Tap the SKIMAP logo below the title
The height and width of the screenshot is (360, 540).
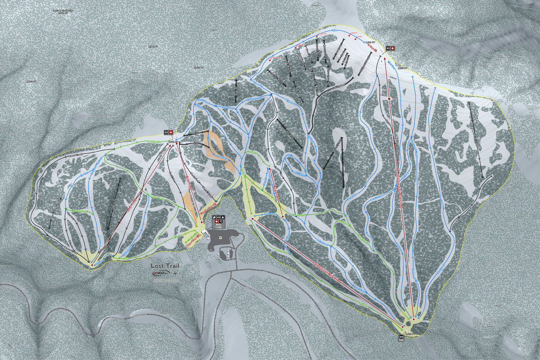click(161, 273)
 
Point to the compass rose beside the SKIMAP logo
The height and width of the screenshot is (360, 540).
click(175, 273)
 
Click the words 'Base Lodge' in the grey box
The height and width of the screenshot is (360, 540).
click(218, 228)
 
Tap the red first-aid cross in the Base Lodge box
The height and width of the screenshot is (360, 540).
click(218, 222)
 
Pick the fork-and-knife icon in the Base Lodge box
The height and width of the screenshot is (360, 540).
click(214, 218)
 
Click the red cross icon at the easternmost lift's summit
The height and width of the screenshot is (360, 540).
click(392, 48)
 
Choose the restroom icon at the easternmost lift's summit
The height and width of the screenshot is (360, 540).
click(387, 48)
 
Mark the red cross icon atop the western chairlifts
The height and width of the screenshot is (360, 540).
click(171, 132)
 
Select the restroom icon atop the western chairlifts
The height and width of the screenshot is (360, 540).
click(166, 132)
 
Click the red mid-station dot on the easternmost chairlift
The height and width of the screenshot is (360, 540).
click(388, 98)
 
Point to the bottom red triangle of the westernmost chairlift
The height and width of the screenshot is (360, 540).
click(91, 265)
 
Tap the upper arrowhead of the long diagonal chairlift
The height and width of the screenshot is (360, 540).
click(252, 219)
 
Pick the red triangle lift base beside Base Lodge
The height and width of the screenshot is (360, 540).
click(199, 224)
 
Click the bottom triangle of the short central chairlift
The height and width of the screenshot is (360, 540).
click(283, 217)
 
